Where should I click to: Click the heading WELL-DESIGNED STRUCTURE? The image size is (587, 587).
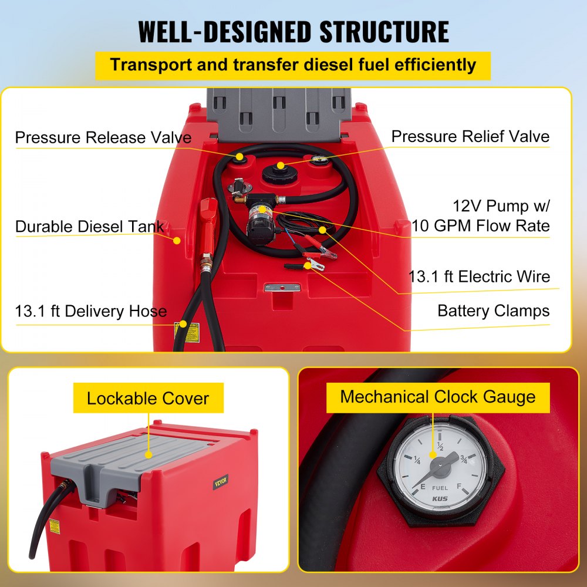click(293, 32)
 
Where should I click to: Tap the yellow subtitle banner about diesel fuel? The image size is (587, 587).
click(293, 65)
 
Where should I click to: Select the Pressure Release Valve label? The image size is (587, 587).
click(103, 138)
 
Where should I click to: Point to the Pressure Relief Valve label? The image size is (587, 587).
click(470, 137)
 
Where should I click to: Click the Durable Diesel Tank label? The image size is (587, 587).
click(89, 227)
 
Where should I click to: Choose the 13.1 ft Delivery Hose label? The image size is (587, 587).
click(91, 311)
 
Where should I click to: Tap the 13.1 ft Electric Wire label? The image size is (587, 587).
click(479, 276)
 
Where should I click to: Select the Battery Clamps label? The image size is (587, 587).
click(493, 311)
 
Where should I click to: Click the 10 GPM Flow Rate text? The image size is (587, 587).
click(480, 225)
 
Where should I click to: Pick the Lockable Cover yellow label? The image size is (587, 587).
click(147, 399)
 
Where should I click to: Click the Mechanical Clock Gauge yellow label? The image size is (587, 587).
click(437, 397)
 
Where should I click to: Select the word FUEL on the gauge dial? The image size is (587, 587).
click(440, 488)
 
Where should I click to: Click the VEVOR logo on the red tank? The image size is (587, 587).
click(220, 482)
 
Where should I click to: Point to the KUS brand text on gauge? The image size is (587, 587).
click(440, 499)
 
